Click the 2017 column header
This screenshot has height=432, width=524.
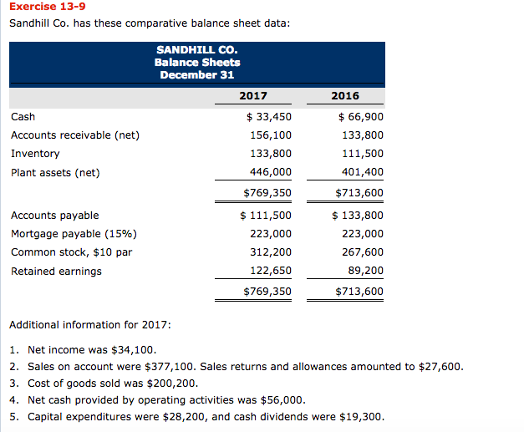click(253, 95)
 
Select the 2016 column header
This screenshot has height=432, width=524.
click(345, 95)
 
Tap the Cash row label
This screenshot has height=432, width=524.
click(23, 116)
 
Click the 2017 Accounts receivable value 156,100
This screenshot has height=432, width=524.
click(271, 135)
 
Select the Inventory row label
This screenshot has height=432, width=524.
click(35, 154)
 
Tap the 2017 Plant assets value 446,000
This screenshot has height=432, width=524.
click(271, 172)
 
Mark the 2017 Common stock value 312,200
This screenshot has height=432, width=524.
click(271, 252)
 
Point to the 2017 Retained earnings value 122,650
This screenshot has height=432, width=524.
click(271, 271)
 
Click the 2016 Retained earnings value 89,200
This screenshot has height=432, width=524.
click(366, 271)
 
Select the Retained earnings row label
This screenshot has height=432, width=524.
click(56, 271)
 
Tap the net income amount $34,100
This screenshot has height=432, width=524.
click(134, 349)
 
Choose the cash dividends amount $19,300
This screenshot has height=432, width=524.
click(362, 416)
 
